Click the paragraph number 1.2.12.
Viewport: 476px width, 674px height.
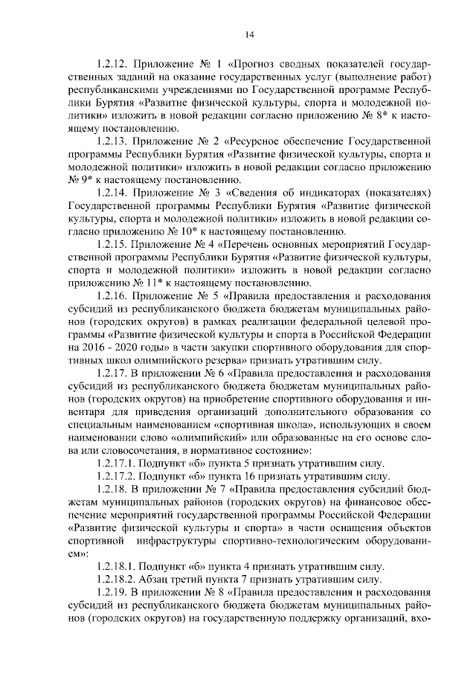coord(118,64)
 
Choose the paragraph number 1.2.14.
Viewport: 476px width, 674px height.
coord(118,193)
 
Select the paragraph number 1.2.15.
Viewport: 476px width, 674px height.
coord(118,244)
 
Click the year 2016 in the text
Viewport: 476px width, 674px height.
coord(95,347)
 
